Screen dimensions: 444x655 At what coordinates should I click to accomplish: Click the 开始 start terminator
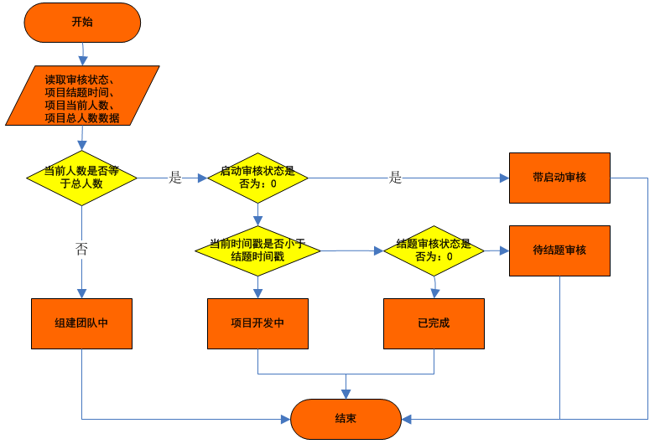tap(82, 22)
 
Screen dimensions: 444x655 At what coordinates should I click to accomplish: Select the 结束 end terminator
tap(346, 419)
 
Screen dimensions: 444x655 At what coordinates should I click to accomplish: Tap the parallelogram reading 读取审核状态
tap(82, 96)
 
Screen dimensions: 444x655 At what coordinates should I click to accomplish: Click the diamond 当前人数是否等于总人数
tap(81, 178)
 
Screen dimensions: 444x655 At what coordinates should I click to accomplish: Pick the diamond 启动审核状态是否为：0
tap(257, 178)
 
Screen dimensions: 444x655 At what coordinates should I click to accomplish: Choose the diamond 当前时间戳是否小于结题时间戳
tap(257, 250)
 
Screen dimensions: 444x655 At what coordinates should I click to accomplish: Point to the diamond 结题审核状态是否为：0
tap(434, 250)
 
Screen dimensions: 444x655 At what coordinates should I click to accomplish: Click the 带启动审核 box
tap(559, 178)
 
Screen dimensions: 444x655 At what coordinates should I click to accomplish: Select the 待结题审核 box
tap(559, 250)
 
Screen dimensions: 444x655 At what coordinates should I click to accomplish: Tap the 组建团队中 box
tap(81, 323)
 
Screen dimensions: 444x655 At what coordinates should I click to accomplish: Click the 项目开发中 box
tap(257, 323)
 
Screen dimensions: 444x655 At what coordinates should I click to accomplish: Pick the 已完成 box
tap(434, 323)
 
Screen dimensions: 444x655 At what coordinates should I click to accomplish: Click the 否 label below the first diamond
tap(81, 249)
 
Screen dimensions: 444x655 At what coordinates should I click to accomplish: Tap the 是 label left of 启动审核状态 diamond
tap(175, 178)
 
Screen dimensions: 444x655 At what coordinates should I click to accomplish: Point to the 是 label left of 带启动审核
tap(396, 178)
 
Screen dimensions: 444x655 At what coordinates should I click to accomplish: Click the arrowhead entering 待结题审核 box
tap(504, 250)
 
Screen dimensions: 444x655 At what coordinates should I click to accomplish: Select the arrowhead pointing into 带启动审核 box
tap(504, 178)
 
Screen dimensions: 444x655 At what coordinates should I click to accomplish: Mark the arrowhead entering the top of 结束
tap(346, 394)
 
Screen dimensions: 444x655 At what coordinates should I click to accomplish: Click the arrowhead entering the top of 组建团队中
tap(81, 292)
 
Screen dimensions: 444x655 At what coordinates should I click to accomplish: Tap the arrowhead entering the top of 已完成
tap(434, 292)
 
